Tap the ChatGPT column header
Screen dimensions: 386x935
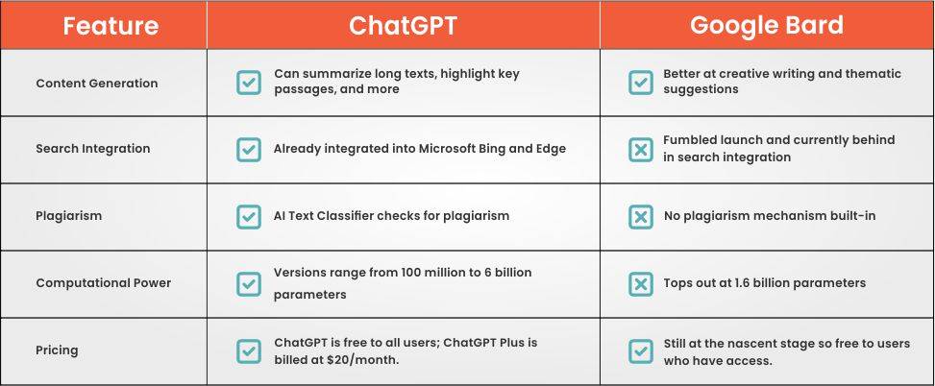tap(403, 26)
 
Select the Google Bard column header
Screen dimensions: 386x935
tap(766, 25)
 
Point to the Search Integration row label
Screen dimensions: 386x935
tap(93, 149)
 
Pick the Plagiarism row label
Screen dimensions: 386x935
tap(68, 216)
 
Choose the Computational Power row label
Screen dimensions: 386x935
tap(103, 283)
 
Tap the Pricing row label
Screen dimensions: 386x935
tap(57, 350)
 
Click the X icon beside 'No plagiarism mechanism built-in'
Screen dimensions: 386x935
tap(641, 217)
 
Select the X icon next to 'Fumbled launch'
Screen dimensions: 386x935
tap(641, 150)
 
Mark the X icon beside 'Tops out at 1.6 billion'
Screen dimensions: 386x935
tap(641, 284)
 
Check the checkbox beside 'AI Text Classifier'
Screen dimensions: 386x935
tap(249, 217)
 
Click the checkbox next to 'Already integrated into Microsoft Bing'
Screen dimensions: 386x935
tap(249, 150)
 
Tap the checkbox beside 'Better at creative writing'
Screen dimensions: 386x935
tap(641, 83)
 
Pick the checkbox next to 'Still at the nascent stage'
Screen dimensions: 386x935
tap(641, 351)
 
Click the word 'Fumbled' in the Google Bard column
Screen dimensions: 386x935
tap(690, 140)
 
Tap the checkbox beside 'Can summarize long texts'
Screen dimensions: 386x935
tap(249, 83)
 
